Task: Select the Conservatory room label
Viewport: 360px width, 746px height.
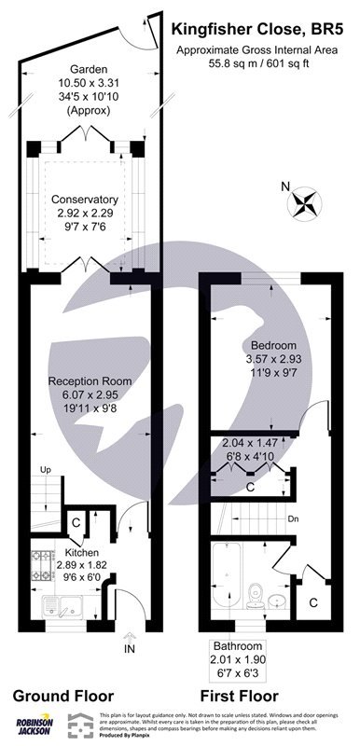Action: coord(86,199)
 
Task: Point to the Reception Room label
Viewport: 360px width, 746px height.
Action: coord(90,381)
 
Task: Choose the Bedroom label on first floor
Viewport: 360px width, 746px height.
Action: coord(270,343)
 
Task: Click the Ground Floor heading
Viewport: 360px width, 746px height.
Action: coord(62,695)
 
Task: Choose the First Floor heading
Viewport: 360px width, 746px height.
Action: coord(240,695)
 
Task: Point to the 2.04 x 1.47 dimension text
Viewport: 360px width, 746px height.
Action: coord(248,444)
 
